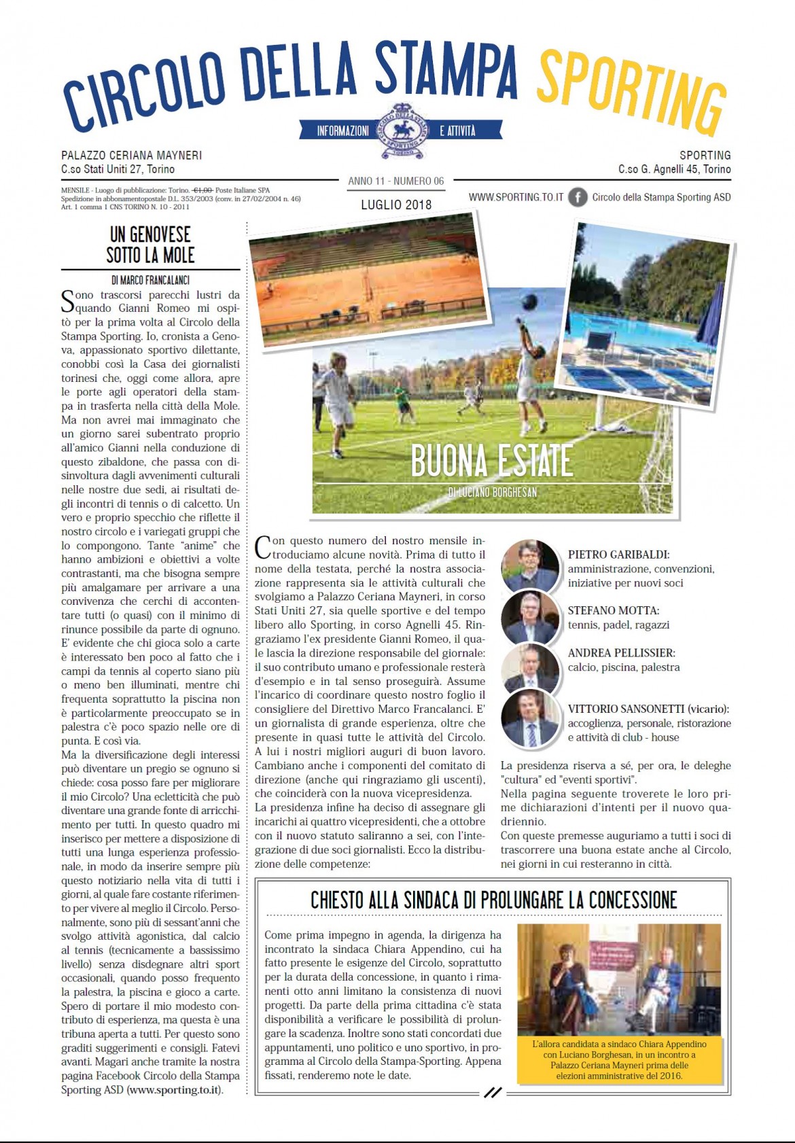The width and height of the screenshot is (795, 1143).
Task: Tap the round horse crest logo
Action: tap(402, 131)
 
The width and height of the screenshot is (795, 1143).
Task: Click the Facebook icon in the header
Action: tap(578, 197)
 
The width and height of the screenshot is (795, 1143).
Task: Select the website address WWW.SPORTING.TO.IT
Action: tap(516, 197)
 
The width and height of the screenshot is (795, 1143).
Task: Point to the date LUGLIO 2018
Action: tap(396, 205)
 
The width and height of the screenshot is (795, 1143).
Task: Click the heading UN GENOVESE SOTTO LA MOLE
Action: tap(151, 245)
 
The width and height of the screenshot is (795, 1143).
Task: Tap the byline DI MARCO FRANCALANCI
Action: tap(151, 280)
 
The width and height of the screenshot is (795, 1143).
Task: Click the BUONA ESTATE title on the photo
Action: tap(492, 461)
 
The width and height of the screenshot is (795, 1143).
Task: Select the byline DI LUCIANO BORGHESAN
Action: tap(492, 492)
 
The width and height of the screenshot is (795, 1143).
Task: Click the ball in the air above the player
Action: tap(529, 302)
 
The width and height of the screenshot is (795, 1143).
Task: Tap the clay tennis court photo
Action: tap(367, 279)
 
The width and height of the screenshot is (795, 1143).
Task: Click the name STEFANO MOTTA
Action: tap(613, 611)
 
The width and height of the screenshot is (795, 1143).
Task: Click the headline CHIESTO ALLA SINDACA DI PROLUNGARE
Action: tap(493, 900)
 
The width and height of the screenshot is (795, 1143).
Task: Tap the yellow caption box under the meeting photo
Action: tap(619, 1059)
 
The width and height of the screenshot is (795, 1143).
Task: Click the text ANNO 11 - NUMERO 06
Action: tap(396, 181)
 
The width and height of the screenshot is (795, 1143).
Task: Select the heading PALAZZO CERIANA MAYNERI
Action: tap(131, 156)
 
